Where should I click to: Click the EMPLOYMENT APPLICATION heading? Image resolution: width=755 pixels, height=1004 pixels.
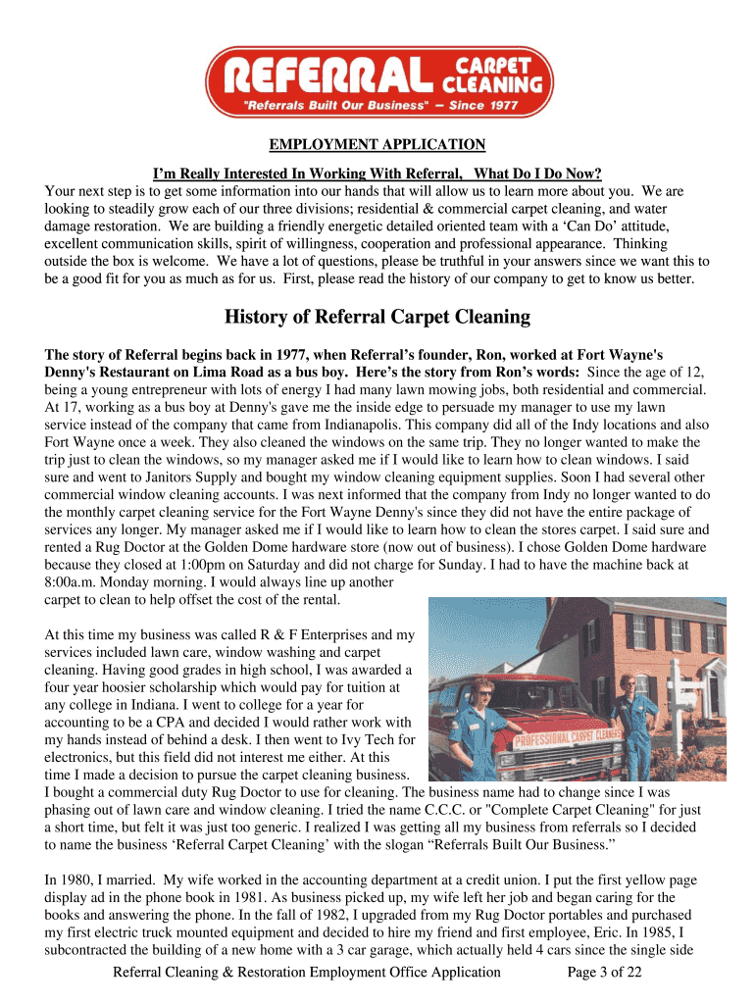click(x=377, y=145)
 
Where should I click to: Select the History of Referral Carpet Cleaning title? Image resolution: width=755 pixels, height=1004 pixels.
click(x=377, y=318)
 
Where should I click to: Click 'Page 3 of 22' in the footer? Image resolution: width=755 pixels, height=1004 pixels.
click(x=605, y=973)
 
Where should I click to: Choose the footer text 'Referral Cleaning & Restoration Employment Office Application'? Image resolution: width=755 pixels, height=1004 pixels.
click(x=307, y=973)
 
